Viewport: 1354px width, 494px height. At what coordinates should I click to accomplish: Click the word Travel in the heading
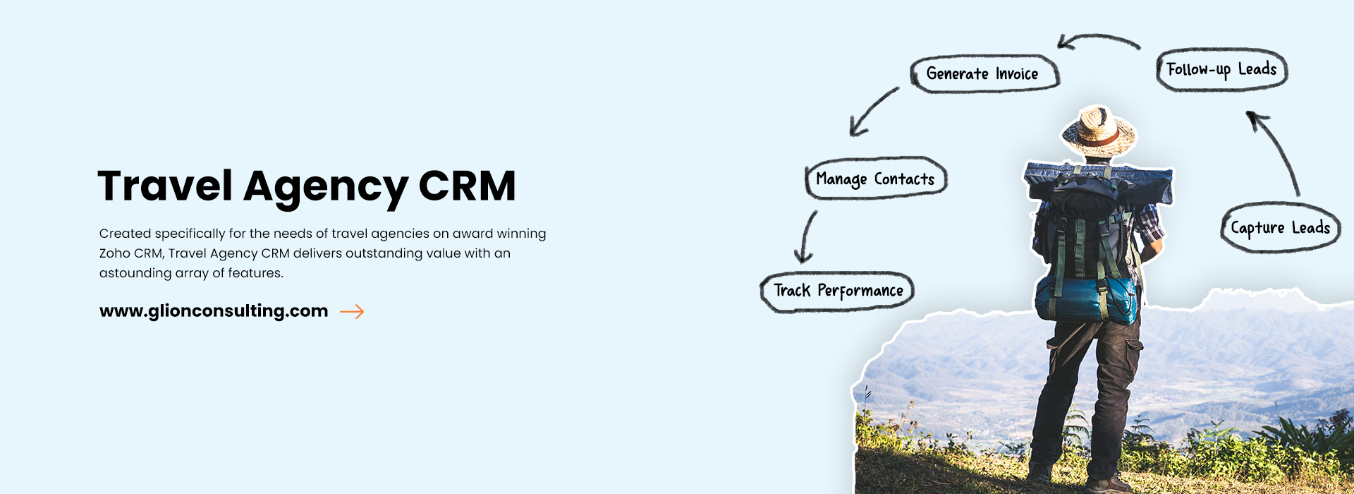165,186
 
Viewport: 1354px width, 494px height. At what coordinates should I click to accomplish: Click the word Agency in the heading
325,188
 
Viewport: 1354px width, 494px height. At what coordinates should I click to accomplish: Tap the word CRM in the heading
467,186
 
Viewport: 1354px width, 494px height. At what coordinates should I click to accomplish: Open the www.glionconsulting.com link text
214,311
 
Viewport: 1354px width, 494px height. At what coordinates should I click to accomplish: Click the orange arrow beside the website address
352,311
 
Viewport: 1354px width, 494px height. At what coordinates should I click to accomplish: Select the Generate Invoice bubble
983,73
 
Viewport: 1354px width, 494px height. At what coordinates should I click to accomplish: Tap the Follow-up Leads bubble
1221,70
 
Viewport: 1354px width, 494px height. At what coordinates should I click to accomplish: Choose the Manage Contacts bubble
875,179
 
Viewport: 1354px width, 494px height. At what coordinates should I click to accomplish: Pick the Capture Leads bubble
1280,228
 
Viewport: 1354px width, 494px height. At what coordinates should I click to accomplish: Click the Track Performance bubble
838,291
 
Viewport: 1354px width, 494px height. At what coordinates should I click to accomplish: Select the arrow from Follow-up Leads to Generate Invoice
1098,40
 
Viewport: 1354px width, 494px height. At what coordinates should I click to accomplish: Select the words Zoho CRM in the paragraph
130,253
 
